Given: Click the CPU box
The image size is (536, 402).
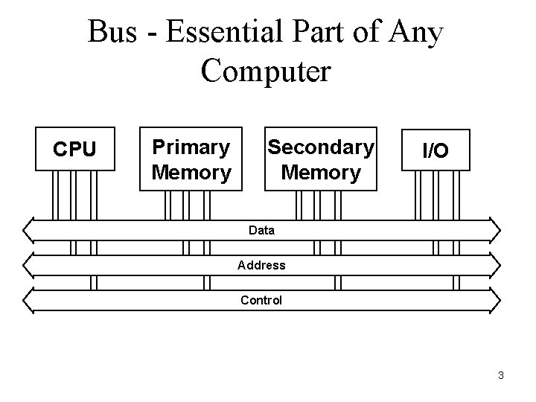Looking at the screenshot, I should (x=76, y=150).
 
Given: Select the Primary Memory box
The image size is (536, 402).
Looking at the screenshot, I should (x=191, y=159).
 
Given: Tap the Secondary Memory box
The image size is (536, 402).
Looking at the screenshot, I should (x=322, y=159).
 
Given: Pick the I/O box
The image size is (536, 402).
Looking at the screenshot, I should (x=435, y=151).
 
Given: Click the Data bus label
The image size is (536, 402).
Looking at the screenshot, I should (x=261, y=230).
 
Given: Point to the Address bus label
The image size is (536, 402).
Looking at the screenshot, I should (x=261, y=265).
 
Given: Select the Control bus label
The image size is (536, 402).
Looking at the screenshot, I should (x=261, y=300).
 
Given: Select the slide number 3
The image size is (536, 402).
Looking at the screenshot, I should (x=501, y=375).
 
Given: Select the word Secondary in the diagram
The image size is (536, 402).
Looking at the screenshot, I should (x=322, y=147).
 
